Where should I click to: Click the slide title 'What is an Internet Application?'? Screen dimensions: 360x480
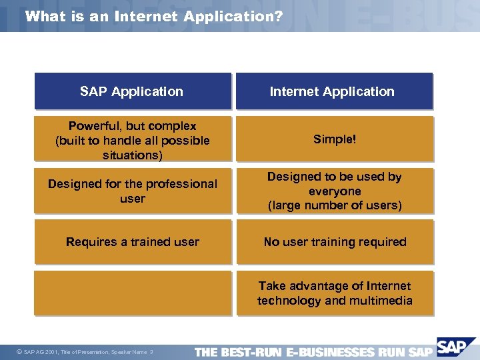click(x=153, y=16)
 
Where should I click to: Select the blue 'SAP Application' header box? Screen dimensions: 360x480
click(x=133, y=91)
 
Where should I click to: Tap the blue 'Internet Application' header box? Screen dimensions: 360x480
click(x=334, y=91)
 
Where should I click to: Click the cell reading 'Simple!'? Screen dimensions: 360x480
click(x=335, y=139)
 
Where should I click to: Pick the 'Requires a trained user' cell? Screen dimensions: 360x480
click(x=133, y=242)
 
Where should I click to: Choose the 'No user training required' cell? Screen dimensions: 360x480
click(x=335, y=242)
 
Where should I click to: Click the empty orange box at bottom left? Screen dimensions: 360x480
click(x=133, y=293)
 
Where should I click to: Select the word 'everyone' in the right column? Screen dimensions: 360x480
click(x=335, y=191)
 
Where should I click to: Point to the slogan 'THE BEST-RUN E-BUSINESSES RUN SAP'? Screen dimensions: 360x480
click(x=313, y=351)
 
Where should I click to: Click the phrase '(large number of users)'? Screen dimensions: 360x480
click(x=335, y=206)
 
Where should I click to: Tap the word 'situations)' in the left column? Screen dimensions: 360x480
click(x=133, y=155)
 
